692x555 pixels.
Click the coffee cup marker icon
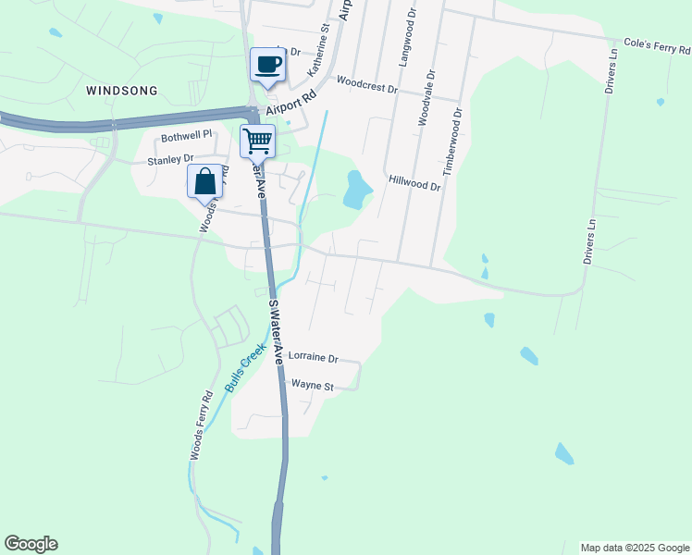pyautogui.click(x=268, y=65)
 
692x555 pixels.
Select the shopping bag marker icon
pyautogui.click(x=205, y=181)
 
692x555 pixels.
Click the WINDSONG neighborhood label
pyautogui.click(x=121, y=91)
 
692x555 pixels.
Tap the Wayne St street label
pyautogui.click(x=312, y=384)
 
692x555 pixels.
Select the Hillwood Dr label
pyautogui.click(x=415, y=183)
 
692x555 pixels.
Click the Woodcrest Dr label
pyautogui.click(x=366, y=85)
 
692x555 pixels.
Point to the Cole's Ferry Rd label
pyautogui.click(x=657, y=43)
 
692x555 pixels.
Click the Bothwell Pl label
pyautogui.click(x=187, y=135)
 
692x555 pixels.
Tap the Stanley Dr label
pyautogui.click(x=170, y=160)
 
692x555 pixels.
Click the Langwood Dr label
pyautogui.click(x=403, y=37)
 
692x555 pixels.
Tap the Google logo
pyautogui.click(x=31, y=544)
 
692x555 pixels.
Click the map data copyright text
pyautogui.click(x=636, y=548)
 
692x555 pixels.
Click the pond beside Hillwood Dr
pyautogui.click(x=356, y=190)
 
